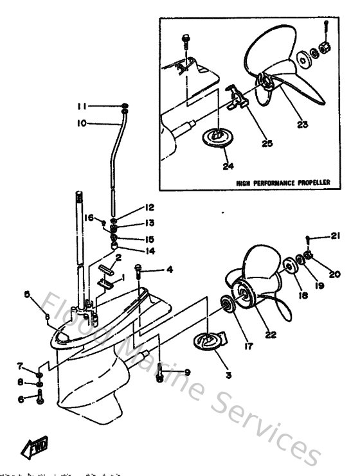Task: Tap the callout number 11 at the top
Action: click(x=81, y=105)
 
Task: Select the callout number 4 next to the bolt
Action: click(x=170, y=270)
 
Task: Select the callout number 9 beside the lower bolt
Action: click(x=187, y=372)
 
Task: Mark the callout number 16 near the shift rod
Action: click(x=89, y=218)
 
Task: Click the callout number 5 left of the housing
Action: click(x=27, y=294)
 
